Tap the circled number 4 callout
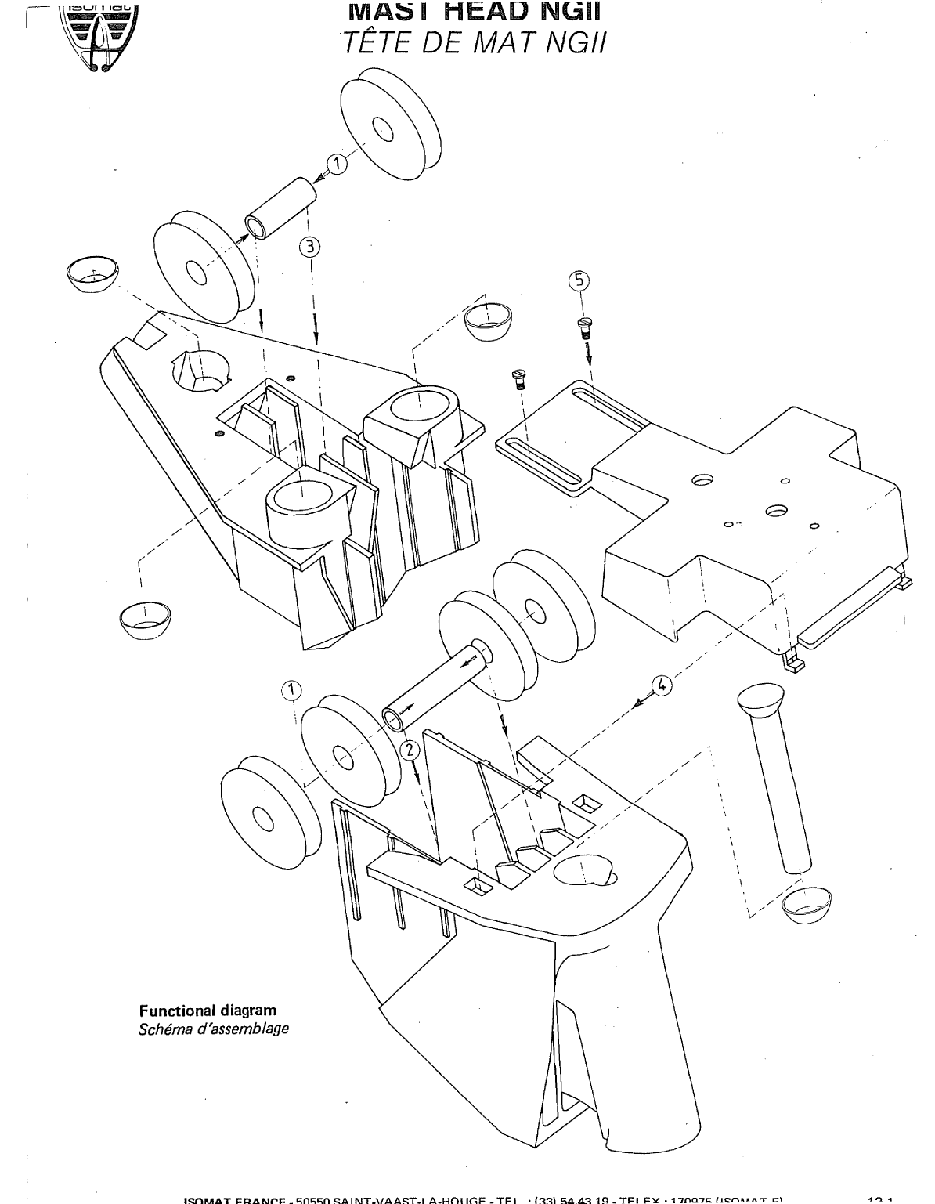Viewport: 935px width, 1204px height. coord(662,685)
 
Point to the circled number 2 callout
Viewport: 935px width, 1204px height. coord(409,750)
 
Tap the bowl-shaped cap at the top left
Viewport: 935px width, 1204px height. coord(92,270)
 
